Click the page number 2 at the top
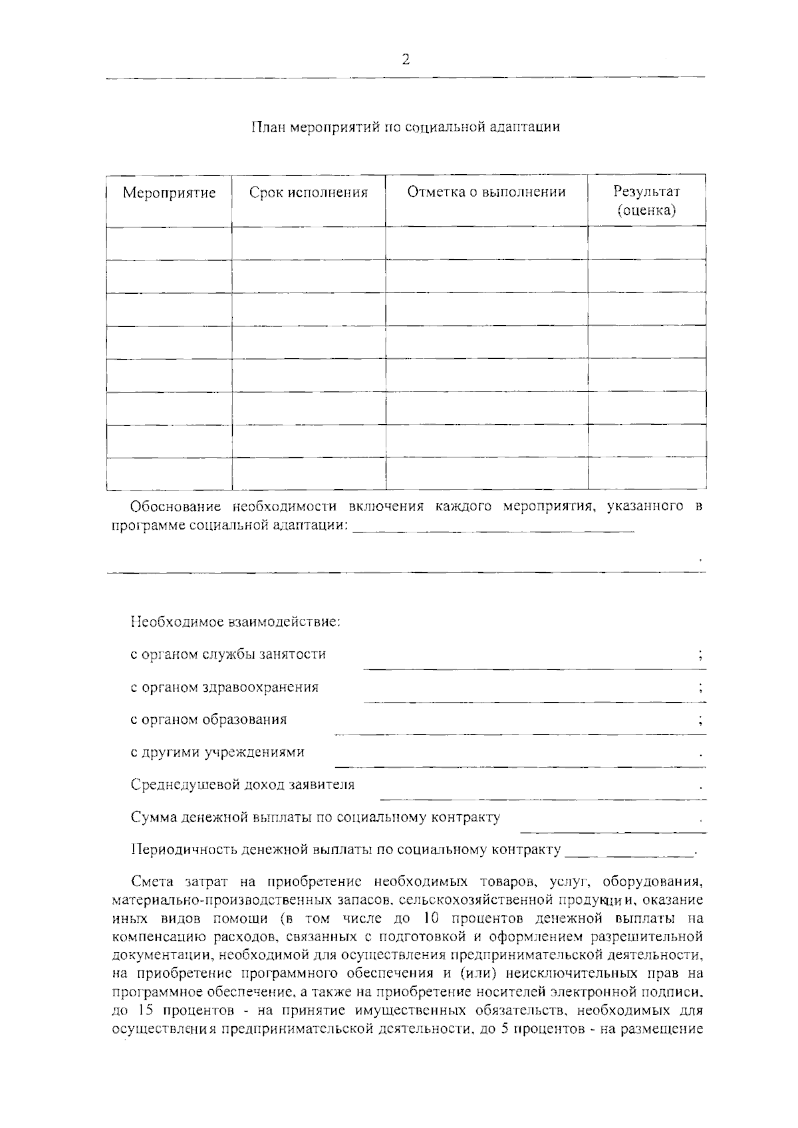tap(406, 60)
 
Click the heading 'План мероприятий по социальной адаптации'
tap(406, 126)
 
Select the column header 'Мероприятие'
tap(169, 193)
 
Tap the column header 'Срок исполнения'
tap(308, 193)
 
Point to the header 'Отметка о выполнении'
tap(486, 192)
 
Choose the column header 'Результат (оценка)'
tap(646, 201)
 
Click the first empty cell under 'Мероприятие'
tap(169, 243)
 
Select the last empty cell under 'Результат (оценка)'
tap(646, 473)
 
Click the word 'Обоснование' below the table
tap(176, 507)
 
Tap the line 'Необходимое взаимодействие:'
tap(235, 623)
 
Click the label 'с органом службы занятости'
tap(228, 654)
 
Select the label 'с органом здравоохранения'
tap(224, 687)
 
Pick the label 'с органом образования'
tap(209, 719)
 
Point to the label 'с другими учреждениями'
tap(217, 752)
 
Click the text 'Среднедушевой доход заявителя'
tap(243, 785)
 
